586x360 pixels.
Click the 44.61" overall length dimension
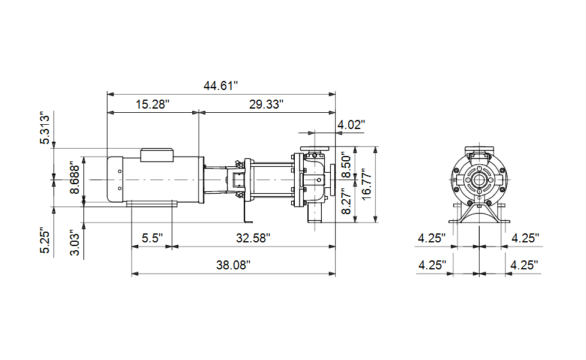coord(220,86)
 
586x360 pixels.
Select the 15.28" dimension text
coord(153,104)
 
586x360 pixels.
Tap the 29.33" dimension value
coord(266,104)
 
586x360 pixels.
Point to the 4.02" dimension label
coord(351,124)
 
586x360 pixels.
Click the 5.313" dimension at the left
coord(44,128)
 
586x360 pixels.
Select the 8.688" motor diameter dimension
coord(74,178)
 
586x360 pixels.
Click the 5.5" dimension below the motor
coord(152,238)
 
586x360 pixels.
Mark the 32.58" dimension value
coord(253,238)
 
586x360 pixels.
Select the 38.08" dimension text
coord(233,265)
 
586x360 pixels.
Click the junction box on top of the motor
coord(157,155)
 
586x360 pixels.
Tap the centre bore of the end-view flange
coord(479,180)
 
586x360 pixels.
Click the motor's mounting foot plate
coord(152,203)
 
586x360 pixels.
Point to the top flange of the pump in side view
coord(315,149)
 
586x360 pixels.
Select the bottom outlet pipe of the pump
coord(315,214)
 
